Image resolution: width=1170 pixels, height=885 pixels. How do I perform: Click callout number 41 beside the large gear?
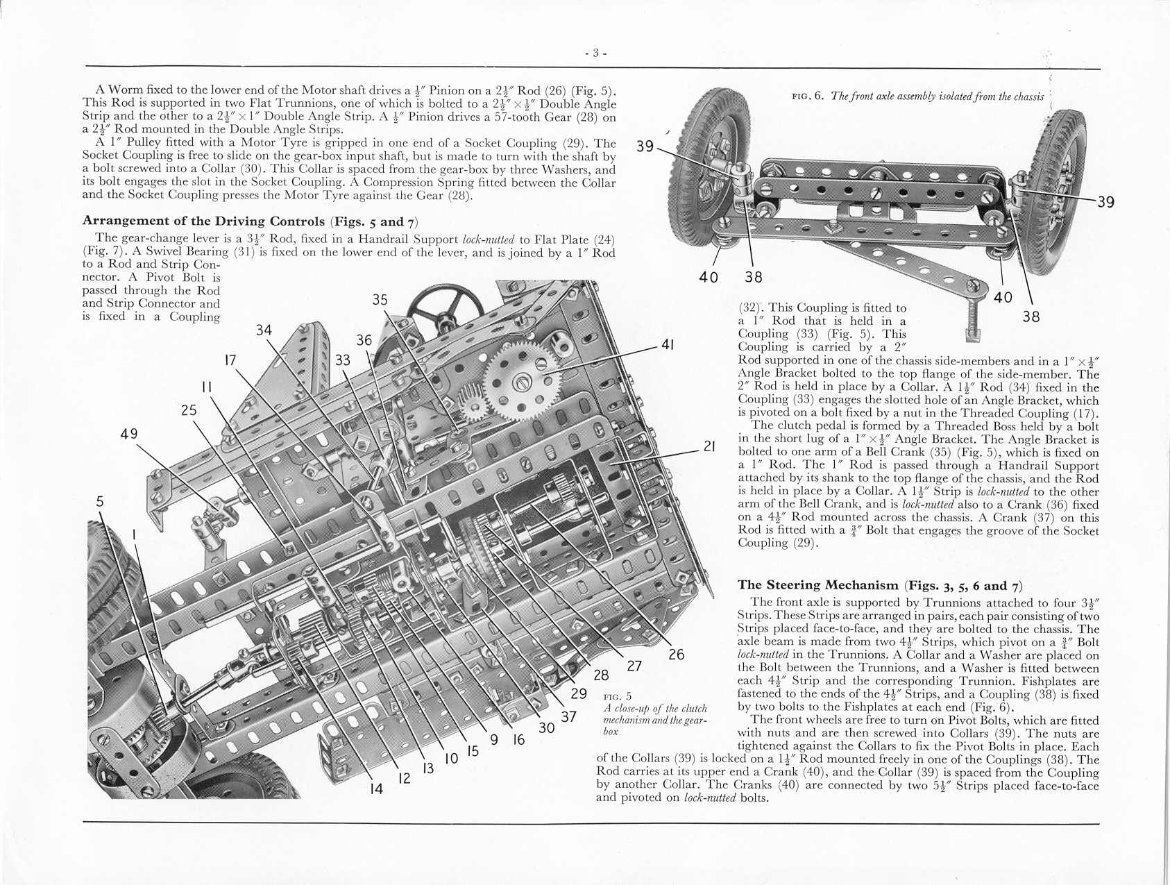[x=668, y=344]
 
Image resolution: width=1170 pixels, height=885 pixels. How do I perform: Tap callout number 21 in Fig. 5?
[x=709, y=446]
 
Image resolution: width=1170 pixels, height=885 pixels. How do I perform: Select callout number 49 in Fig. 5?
[x=129, y=434]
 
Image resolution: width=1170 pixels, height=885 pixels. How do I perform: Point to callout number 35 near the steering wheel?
[x=380, y=300]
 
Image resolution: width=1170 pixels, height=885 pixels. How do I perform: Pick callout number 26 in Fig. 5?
[x=676, y=654]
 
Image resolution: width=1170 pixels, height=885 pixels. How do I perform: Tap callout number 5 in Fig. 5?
[x=101, y=501]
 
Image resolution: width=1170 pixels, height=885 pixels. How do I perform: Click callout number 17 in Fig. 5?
[x=230, y=360]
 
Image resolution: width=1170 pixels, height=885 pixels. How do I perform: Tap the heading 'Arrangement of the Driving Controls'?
[x=203, y=221]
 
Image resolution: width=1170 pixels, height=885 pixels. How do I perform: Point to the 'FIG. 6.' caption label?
[x=808, y=96]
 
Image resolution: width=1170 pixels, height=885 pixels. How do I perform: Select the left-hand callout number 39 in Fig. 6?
[x=645, y=146]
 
